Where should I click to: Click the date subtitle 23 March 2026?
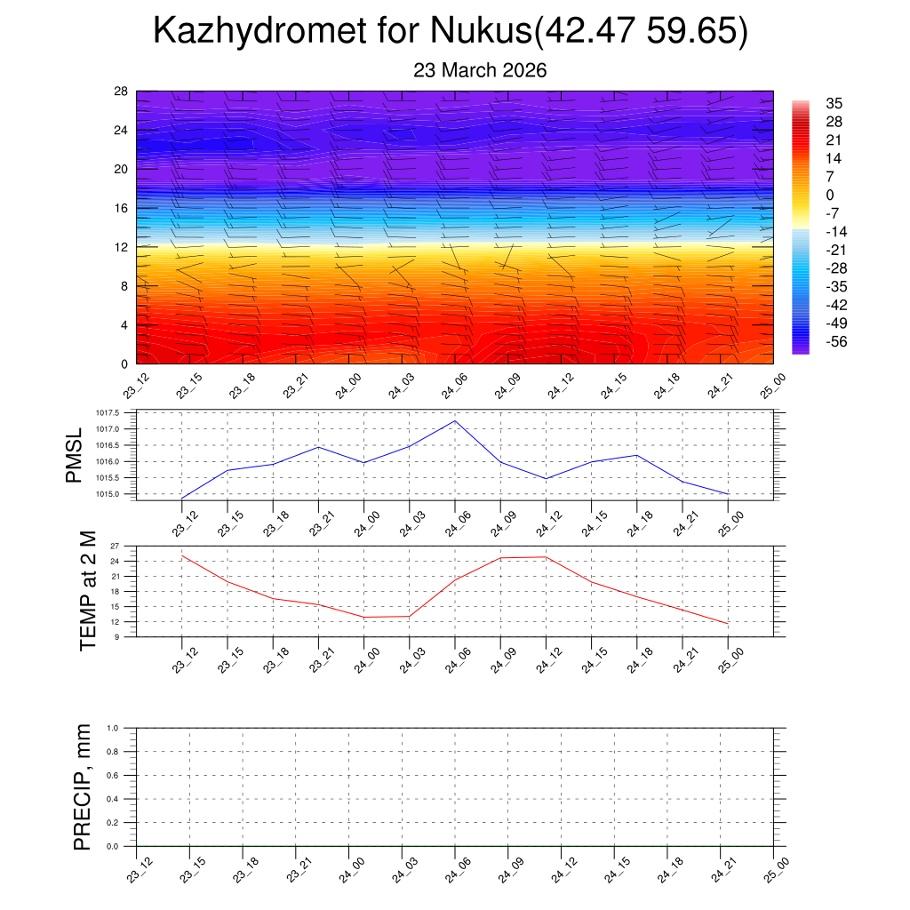pos(479,70)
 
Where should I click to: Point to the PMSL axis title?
pos(75,454)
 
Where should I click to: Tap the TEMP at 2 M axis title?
pos(87,591)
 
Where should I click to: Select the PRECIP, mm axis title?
pos(83,786)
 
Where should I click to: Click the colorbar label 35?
pos(834,103)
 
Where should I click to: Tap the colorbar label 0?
pos(830,196)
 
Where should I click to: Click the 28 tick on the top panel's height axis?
pos(122,92)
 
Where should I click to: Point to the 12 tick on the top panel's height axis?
pos(122,247)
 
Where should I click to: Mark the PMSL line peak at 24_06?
pos(455,420)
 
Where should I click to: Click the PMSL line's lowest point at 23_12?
pos(182,498)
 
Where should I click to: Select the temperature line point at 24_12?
pos(546,557)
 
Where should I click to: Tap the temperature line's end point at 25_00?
pos(728,624)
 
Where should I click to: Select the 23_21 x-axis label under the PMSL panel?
pos(317,524)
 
